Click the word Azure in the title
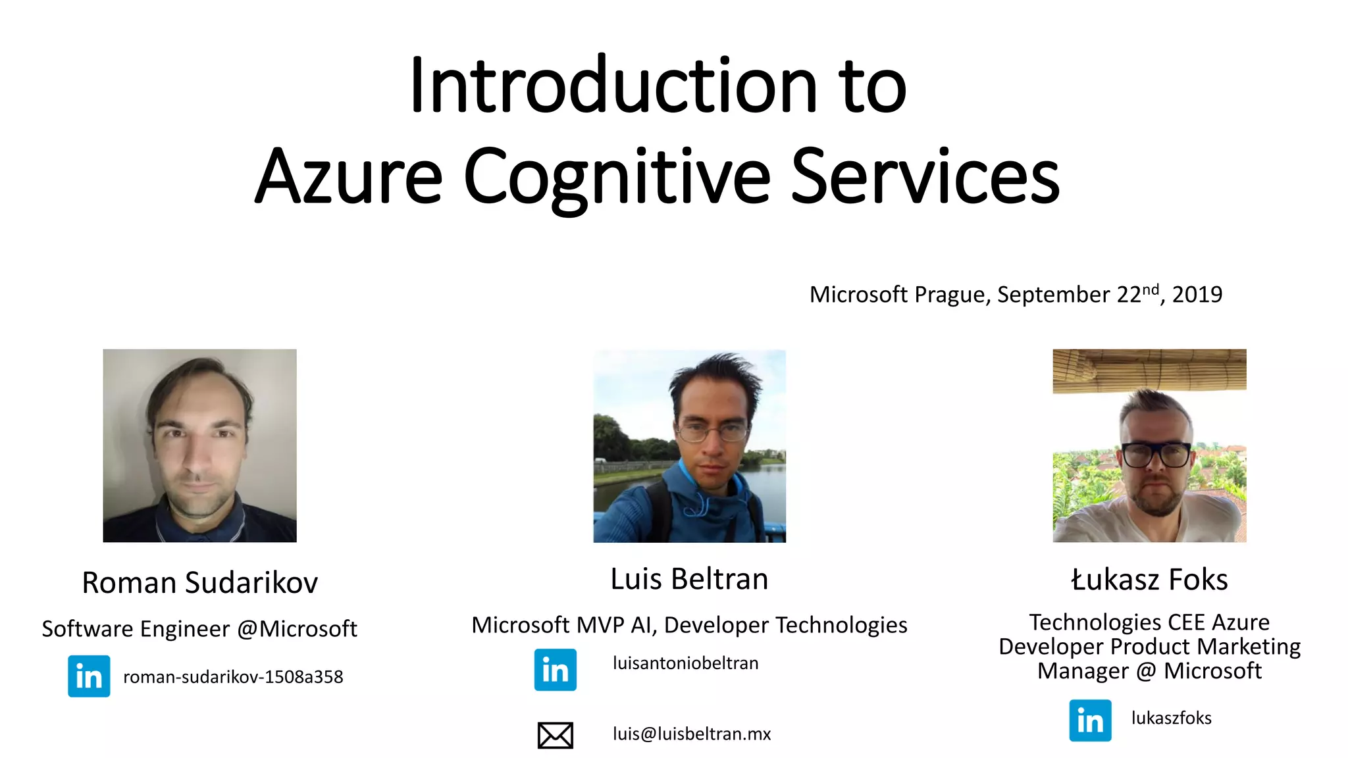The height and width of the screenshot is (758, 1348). click(349, 176)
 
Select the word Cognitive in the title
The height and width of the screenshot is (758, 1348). click(617, 176)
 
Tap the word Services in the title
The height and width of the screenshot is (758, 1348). click(925, 176)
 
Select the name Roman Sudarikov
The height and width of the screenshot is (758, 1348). click(199, 582)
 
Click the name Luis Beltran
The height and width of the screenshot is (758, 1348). click(689, 579)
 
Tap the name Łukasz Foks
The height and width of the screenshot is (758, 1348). click(1149, 580)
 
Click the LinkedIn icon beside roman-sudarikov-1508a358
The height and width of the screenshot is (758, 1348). click(89, 676)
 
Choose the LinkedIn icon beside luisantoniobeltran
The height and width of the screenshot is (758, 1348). click(555, 670)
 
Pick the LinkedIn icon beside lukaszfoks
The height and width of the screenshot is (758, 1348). click(1090, 720)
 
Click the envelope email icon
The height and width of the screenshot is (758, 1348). click(555, 735)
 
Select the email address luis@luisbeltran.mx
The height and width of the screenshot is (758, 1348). click(691, 734)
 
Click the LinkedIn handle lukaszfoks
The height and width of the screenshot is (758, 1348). click(1171, 718)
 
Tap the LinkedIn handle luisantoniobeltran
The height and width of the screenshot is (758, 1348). click(685, 663)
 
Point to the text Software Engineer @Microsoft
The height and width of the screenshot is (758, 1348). click(199, 628)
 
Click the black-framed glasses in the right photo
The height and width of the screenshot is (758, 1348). click(1156, 455)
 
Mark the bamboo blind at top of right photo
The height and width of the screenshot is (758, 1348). click(1149, 370)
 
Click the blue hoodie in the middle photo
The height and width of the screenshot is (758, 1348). click(691, 510)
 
